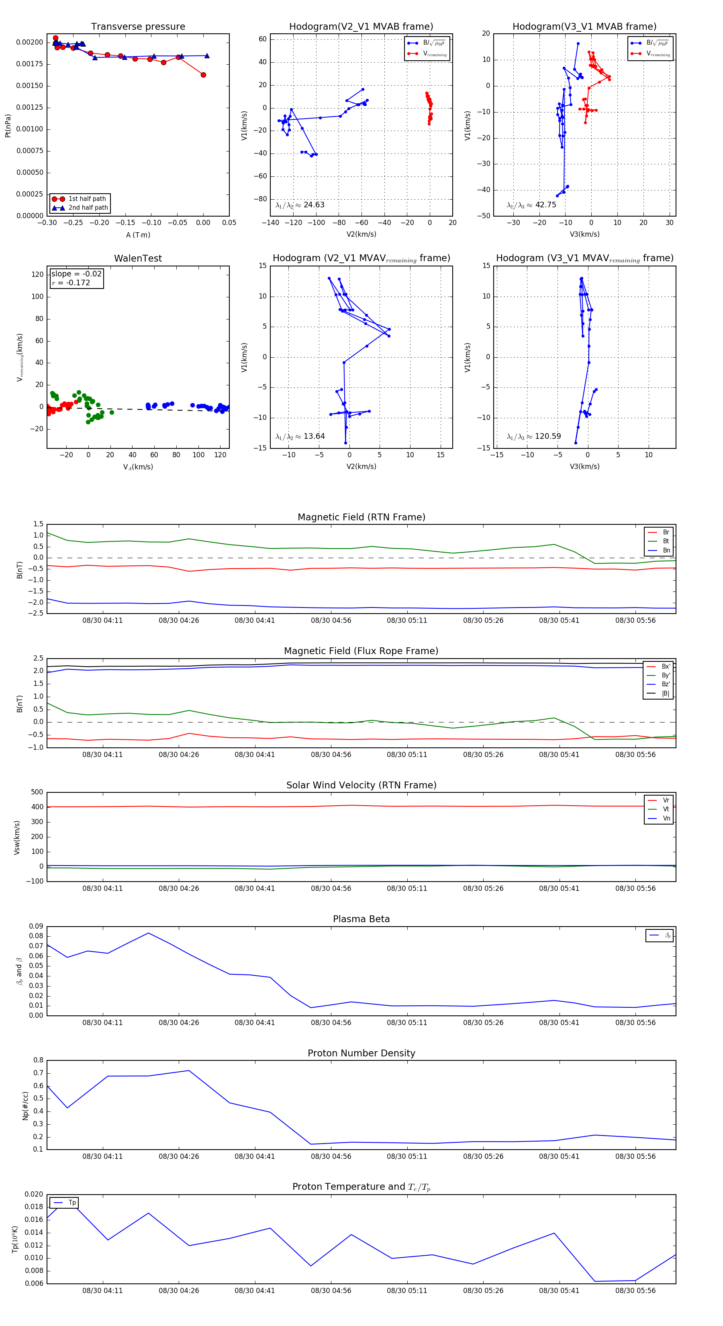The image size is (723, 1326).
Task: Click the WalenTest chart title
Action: (138, 258)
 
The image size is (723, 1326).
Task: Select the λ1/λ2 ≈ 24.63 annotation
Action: (300, 205)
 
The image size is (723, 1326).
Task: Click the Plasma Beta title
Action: (361, 919)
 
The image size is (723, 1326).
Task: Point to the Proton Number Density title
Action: (361, 1053)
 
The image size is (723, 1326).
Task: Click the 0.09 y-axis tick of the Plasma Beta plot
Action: (36, 927)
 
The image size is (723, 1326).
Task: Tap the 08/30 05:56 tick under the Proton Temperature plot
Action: (635, 1291)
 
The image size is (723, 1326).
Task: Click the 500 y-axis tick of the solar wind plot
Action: (37, 792)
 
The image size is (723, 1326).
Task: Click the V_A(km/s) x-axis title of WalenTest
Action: (138, 467)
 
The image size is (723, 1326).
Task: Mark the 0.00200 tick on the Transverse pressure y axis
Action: (29, 42)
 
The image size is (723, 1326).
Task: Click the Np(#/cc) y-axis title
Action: (25, 1106)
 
